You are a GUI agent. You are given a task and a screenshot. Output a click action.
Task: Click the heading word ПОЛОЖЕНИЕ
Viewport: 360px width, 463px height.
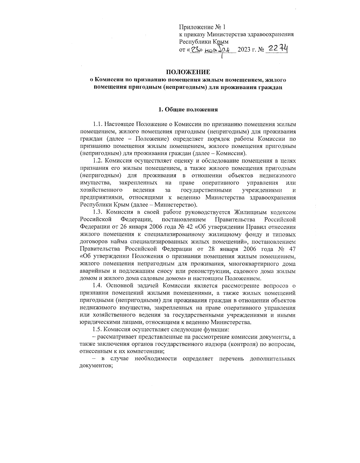[188, 72]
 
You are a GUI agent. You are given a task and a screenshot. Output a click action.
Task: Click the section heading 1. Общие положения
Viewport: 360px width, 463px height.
[188, 110]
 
